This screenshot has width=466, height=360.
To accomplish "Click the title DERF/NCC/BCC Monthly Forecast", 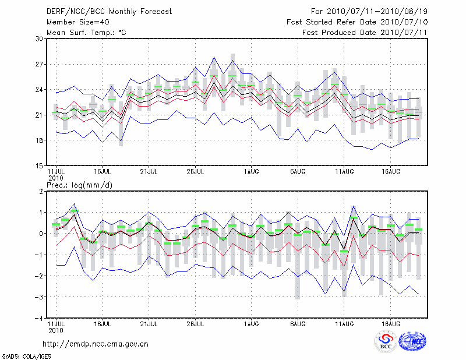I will click(x=109, y=11).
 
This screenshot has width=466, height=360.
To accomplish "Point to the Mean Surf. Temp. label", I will click(x=86, y=32).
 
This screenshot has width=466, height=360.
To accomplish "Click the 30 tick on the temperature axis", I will click(x=40, y=39).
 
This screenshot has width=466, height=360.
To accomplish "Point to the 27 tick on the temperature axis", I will click(x=40, y=64).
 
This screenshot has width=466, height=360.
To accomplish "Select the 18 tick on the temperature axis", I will click(x=40, y=140).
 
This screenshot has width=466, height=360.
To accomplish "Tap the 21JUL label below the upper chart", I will click(x=150, y=171).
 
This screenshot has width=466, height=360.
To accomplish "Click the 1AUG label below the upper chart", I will click(x=252, y=171).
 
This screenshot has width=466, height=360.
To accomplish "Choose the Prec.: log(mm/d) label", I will click(x=79, y=185).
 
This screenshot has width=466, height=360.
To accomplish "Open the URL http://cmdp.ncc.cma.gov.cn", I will click(x=96, y=344).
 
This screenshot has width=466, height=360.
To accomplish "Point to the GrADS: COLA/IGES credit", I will click(x=26, y=355).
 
